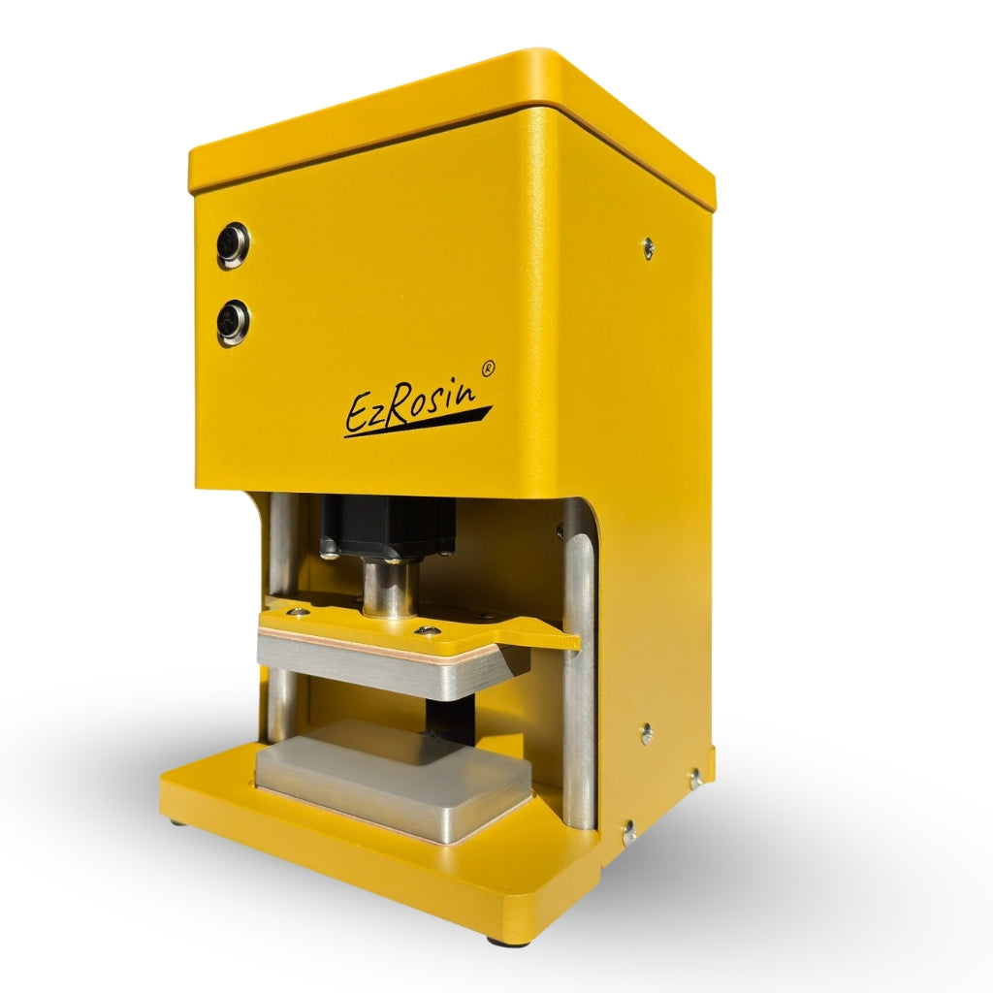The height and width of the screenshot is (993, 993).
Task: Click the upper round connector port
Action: [233, 245]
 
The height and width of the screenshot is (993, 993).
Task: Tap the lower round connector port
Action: [233, 322]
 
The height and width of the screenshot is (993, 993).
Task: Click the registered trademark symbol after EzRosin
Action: [489, 368]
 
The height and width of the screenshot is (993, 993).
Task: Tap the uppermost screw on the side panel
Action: [648, 246]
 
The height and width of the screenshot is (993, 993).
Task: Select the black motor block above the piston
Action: [388, 529]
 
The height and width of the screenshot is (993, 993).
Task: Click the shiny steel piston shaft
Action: [390, 589]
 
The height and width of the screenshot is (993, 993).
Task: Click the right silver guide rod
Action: [579, 698]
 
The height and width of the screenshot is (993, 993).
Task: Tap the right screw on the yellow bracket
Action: [423, 631]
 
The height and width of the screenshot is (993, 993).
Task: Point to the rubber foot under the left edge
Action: [176, 821]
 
